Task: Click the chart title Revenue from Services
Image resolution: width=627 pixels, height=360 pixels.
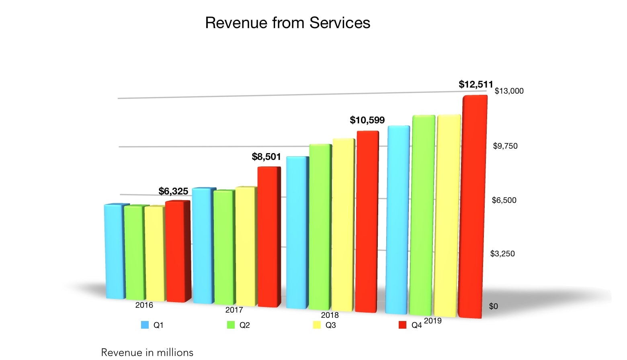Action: tap(287, 23)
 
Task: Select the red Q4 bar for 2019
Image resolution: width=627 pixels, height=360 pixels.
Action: tap(472, 207)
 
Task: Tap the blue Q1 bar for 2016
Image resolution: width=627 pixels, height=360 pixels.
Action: tap(115, 251)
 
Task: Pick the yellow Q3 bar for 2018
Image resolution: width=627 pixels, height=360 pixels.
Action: tap(343, 225)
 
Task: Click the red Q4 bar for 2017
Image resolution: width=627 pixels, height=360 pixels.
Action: tap(268, 237)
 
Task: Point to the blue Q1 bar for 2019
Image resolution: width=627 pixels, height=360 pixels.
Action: tap(398, 220)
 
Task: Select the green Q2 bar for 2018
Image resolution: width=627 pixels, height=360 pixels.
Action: tap(320, 227)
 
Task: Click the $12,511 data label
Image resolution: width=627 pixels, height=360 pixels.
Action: tap(475, 84)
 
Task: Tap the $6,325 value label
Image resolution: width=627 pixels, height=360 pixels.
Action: tap(173, 191)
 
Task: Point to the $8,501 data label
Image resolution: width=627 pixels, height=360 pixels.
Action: tap(266, 157)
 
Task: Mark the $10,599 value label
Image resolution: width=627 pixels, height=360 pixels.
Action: tap(367, 120)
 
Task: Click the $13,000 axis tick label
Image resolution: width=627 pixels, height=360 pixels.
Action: tap(509, 91)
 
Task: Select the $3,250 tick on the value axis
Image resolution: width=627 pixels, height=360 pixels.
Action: tap(502, 254)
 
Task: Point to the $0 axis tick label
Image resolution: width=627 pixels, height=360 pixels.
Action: tap(493, 306)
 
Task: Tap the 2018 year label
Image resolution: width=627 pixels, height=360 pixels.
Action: tap(330, 315)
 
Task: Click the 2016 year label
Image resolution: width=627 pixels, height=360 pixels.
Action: tap(144, 305)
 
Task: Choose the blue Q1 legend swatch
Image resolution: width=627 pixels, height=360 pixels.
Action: tap(145, 325)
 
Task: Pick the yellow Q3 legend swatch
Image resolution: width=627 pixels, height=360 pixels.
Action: tap(317, 325)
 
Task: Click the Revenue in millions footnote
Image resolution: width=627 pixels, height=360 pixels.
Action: tap(147, 352)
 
